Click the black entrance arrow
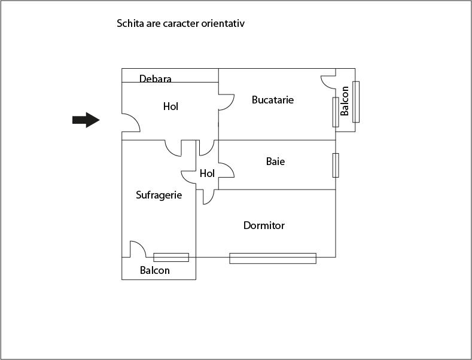(86, 120)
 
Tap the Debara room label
(156, 78)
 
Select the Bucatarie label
(273, 100)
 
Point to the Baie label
(275, 161)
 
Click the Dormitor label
(264, 225)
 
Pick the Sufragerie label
(159, 195)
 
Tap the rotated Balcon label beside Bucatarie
(345, 100)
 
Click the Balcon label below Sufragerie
(155, 270)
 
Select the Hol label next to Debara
(170, 106)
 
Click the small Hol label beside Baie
(207, 173)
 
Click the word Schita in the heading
(130, 24)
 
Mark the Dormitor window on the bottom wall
(272, 258)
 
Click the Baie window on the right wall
(336, 165)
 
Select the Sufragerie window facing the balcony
(171, 257)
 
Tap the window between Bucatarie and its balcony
(336, 111)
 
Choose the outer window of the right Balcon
(356, 101)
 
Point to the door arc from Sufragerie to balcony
(138, 249)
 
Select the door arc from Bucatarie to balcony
(328, 82)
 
